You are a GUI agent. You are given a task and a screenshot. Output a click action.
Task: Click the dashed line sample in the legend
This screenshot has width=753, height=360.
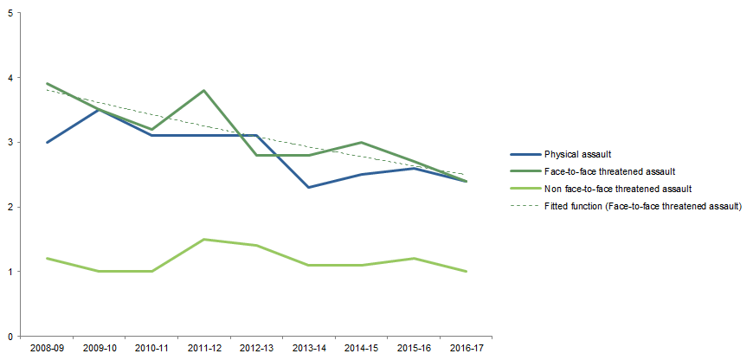tap(522, 205)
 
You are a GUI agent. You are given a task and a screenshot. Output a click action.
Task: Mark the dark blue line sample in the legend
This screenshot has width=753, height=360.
tap(522, 154)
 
